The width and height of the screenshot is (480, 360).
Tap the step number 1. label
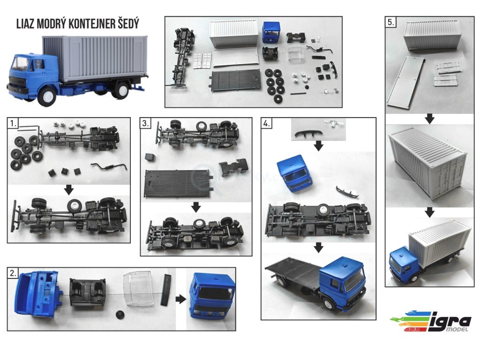[x=13, y=123]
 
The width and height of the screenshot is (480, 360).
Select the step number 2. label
[x=13, y=273]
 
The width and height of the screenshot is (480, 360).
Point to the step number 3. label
[x=146, y=123]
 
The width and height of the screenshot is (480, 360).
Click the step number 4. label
[x=267, y=123]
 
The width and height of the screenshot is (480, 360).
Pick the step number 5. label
[x=391, y=22]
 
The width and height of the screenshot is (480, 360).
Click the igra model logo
[x=431, y=321]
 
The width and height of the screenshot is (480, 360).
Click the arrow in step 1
[x=69, y=189]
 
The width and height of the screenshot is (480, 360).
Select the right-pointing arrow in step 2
[x=181, y=299]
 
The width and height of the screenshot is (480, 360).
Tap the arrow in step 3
[x=196, y=207]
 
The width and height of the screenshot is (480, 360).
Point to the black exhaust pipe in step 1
[x=109, y=166]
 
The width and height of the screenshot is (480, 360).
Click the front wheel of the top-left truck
[x=48, y=96]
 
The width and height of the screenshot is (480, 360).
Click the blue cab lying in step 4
[x=294, y=174]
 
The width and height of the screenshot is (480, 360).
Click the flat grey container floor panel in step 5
[x=405, y=82]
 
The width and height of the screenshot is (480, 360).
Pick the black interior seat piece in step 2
[x=88, y=292]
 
